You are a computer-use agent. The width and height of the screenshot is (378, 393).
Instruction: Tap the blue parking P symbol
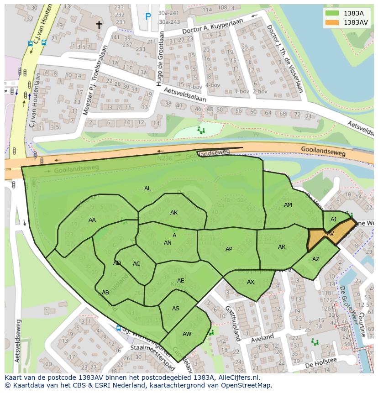tap(148, 17)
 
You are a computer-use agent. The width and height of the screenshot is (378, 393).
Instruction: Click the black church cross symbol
tap(99, 25)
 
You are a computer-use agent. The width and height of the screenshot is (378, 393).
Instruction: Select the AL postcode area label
tap(147, 189)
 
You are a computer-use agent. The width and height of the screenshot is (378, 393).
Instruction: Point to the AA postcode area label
tap(92, 220)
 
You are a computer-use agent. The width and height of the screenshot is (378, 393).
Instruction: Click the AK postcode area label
tap(174, 213)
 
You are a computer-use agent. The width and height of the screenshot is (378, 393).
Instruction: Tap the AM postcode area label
tap(288, 205)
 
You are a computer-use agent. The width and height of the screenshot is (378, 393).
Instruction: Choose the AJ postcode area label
tap(333, 220)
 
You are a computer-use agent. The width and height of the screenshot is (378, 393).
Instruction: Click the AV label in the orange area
tap(330, 234)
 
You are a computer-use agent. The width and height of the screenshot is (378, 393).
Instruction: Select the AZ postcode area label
tap(316, 259)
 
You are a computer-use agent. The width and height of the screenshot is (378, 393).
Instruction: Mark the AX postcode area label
tap(250, 282)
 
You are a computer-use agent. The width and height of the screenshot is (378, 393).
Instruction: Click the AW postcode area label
tap(187, 334)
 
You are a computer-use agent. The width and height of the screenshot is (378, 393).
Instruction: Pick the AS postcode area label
tap(176, 309)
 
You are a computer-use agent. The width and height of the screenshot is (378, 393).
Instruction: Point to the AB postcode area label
tap(105, 293)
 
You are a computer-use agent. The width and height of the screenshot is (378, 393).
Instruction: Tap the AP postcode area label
tap(229, 249)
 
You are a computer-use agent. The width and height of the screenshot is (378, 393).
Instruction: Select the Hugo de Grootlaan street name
tap(159, 58)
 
